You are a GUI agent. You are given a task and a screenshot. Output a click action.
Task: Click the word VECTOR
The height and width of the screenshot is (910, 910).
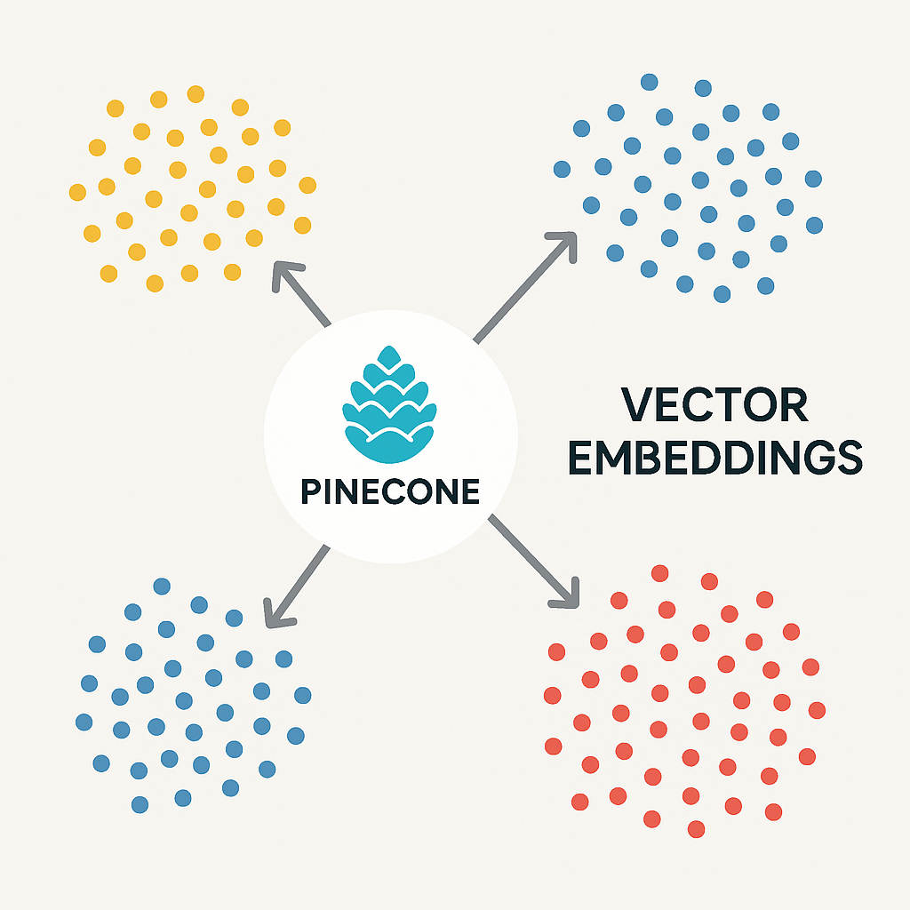714,404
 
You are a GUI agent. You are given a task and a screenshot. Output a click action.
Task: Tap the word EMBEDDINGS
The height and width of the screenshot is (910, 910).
715,458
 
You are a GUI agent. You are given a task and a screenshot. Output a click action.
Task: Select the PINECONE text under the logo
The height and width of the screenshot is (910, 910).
390,491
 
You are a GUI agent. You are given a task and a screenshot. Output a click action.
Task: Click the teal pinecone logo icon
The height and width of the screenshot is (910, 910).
389,404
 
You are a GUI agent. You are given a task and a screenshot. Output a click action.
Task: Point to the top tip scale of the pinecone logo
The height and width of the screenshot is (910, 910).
389,356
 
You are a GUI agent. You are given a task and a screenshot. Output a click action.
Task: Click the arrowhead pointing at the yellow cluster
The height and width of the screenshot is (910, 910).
285,275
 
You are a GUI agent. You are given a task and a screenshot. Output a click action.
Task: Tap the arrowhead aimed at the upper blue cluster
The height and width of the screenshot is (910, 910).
563,244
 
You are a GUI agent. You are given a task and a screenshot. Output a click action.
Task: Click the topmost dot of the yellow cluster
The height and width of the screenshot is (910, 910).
196,94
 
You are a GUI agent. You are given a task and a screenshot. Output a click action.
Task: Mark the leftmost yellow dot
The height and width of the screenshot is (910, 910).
78,192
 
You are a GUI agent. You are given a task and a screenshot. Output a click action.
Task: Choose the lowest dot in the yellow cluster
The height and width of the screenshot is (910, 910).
155,283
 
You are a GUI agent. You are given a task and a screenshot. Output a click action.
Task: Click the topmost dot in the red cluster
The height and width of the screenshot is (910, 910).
660,573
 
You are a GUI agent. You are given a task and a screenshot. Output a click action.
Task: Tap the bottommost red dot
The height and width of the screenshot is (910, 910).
697,829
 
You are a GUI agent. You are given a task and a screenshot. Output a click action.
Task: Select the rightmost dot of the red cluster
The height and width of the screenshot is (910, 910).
818,710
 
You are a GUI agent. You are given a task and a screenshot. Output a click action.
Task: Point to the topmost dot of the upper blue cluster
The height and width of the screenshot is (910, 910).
650,82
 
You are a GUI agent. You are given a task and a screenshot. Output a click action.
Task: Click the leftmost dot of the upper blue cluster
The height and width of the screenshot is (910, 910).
562,170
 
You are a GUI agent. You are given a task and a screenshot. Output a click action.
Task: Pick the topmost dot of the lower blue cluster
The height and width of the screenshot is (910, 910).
162,587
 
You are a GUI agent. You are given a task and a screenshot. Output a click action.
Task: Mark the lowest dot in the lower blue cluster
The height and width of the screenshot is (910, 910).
140,805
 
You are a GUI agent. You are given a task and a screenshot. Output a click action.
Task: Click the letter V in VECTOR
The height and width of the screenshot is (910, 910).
637,404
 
